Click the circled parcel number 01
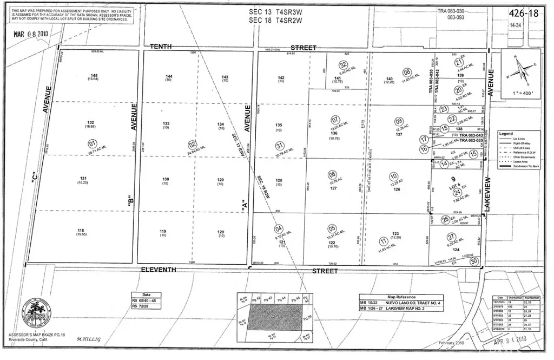[x=92, y=143]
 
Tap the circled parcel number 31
[x=280, y=145]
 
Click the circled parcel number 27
[x=451, y=237]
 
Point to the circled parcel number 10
[x=394, y=176]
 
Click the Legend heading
[x=507, y=133]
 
